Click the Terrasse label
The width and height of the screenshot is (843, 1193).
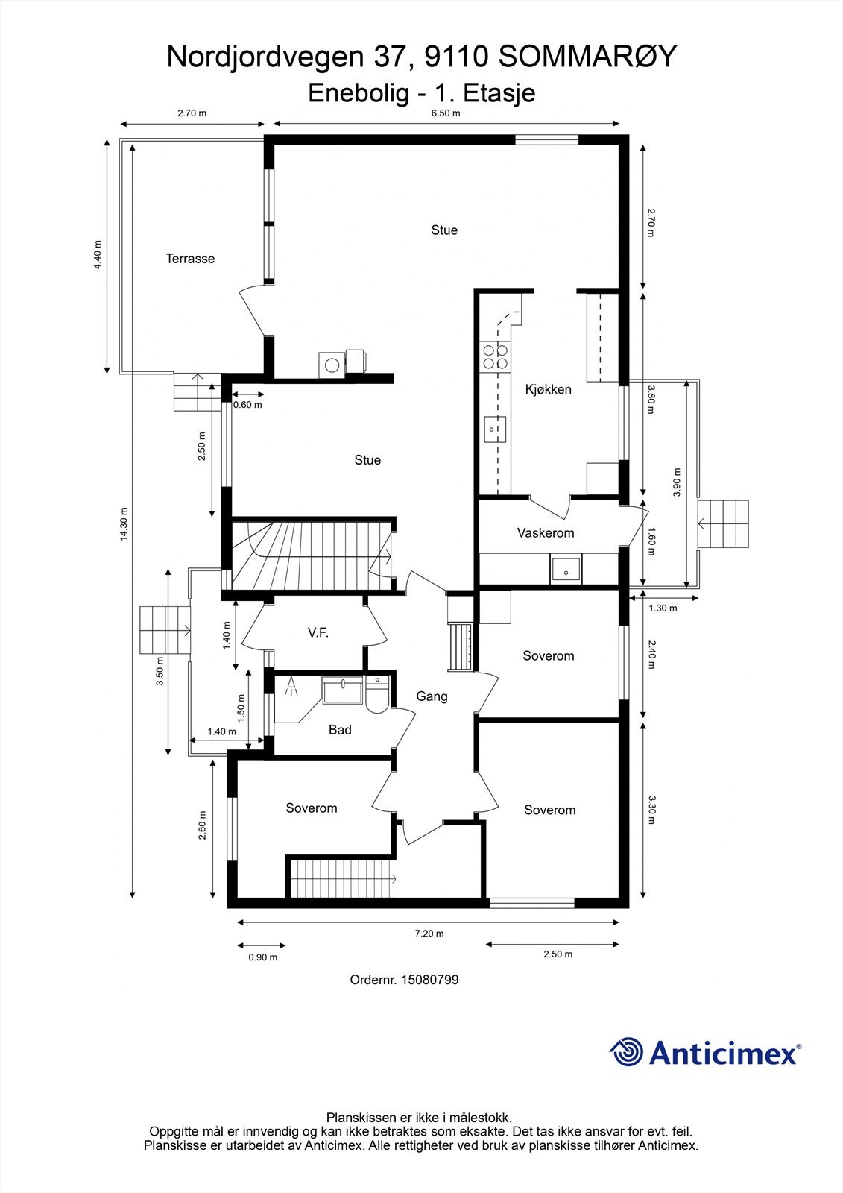pos(190,259)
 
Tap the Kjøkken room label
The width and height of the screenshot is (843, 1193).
pos(548,389)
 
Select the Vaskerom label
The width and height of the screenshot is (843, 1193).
pos(546,532)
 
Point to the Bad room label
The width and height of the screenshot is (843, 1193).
pos(340,730)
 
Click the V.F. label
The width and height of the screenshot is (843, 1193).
pos(318,633)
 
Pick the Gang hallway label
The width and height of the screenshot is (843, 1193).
pos(432,696)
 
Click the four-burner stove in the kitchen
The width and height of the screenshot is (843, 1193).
pos(495,357)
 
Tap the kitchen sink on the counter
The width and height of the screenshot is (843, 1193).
pos(495,429)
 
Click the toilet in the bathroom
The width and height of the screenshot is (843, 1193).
pos(378,694)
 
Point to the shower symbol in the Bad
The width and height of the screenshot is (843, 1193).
pos(291,686)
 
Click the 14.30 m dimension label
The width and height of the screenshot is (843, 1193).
pos(124,524)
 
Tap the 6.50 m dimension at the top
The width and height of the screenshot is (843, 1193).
pos(446,113)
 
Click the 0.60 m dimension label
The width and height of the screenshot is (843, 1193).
pos(247,405)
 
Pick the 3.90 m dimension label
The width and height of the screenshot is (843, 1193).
pos(677,482)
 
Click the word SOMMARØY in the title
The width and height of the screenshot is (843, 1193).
pos(588,57)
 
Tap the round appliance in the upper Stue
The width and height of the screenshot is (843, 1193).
pos(332,365)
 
